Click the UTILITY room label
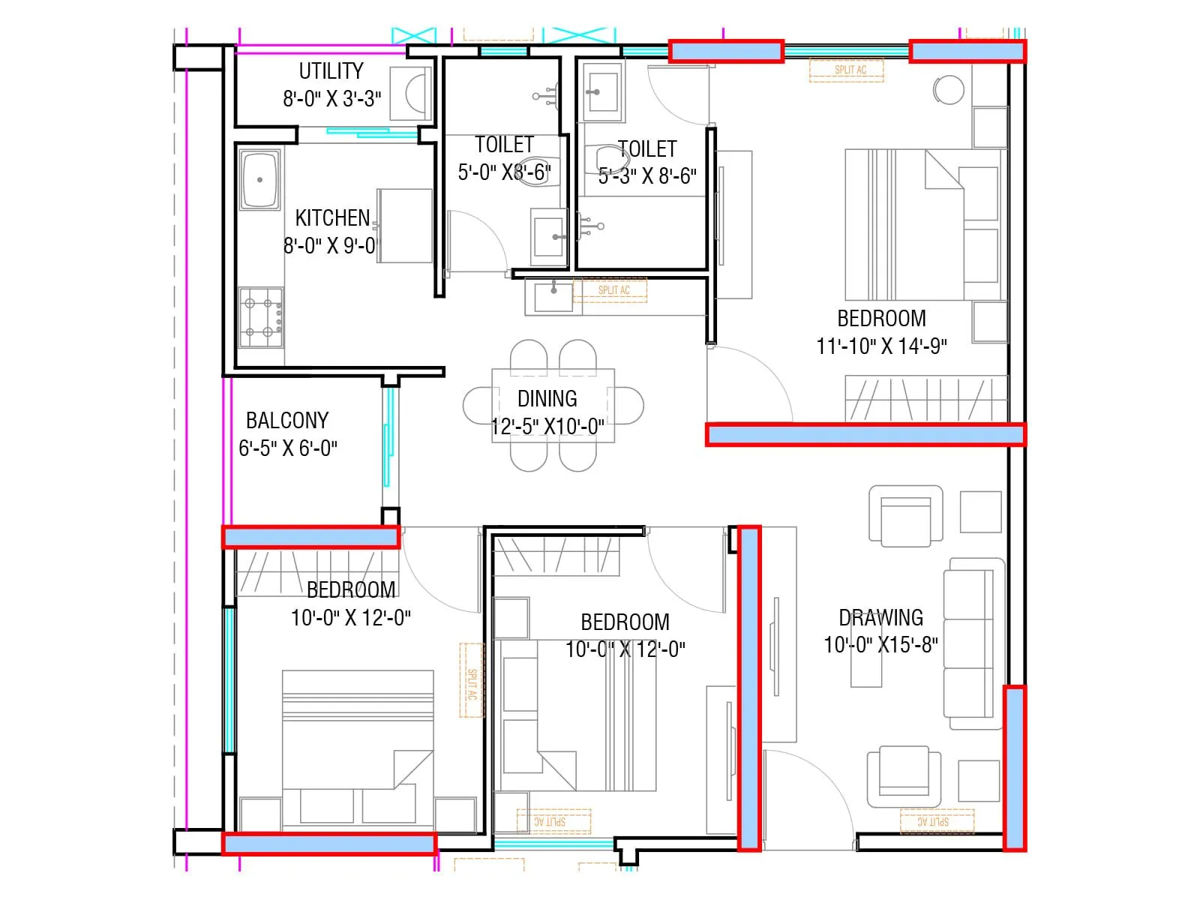[x=331, y=71]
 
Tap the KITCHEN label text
[x=332, y=218]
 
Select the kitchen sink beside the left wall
[x=259, y=180]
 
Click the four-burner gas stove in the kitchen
[x=261, y=318]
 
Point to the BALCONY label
[x=287, y=420]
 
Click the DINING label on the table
[x=547, y=398]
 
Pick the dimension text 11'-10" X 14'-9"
[x=881, y=346]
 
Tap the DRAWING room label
[x=880, y=618]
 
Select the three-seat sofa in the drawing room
[x=973, y=643]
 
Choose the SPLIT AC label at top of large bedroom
[x=850, y=70]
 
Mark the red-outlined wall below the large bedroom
[x=865, y=434]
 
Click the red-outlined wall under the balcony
[x=310, y=537]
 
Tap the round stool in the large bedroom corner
[x=949, y=90]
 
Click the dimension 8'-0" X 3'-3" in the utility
[x=331, y=99]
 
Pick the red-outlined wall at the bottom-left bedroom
[x=329, y=844]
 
